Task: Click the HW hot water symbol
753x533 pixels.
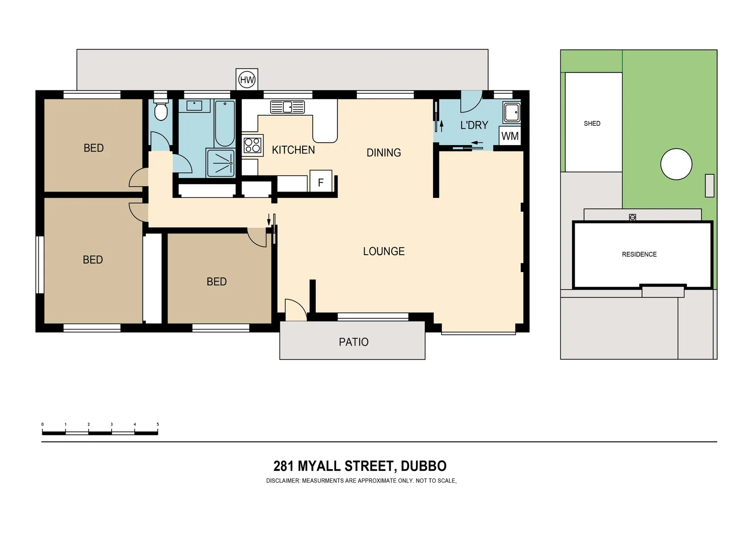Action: click(247, 79)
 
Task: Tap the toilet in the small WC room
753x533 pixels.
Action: click(161, 111)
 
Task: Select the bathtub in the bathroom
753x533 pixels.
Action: click(225, 123)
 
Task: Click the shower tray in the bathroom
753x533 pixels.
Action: click(220, 162)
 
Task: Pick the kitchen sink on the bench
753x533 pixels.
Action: click(287, 107)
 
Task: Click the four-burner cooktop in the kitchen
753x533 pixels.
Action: click(252, 145)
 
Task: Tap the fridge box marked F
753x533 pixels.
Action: click(320, 182)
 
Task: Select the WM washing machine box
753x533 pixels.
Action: click(510, 136)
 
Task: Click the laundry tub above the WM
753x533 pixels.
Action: click(511, 113)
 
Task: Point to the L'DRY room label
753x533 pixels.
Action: click(474, 125)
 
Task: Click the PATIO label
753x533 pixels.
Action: click(353, 342)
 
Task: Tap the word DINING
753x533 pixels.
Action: click(383, 153)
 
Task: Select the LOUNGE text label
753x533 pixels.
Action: click(383, 252)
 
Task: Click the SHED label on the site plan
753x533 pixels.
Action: click(592, 123)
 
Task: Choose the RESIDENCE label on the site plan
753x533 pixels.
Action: click(639, 255)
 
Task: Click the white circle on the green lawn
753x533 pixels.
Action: click(676, 164)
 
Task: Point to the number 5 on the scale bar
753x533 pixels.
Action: click(158, 424)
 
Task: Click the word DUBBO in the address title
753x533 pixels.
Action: click(423, 466)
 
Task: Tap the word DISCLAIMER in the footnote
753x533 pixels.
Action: click(283, 481)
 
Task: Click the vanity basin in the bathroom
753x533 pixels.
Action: click(194, 106)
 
